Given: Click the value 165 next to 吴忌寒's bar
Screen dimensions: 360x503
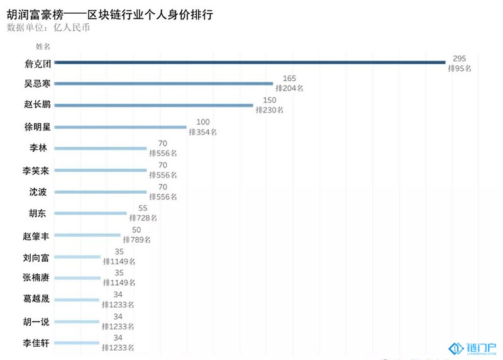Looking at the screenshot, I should pyautogui.click(x=289, y=79).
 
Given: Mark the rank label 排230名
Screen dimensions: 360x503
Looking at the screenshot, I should pyautogui.click(x=270, y=110).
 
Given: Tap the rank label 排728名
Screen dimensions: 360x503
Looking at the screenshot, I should pyautogui.click(x=143, y=218).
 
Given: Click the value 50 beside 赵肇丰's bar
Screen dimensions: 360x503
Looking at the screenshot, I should pyautogui.click(x=136, y=230).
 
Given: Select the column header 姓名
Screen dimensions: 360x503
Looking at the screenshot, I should pyautogui.click(x=43, y=46).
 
